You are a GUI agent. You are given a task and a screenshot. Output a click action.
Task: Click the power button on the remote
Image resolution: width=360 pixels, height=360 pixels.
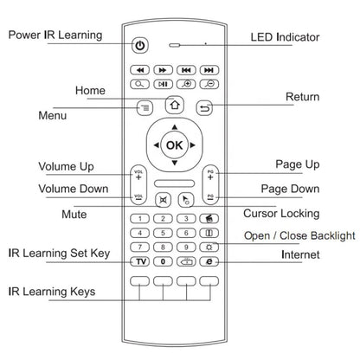(x=141, y=45)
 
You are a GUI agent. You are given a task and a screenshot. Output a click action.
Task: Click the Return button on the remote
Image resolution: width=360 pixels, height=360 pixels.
(x=205, y=108)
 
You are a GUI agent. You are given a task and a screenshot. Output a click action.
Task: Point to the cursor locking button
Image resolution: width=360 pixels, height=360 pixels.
(x=185, y=200)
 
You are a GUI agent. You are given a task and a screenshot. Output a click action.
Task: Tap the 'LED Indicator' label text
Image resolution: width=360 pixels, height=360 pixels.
(x=285, y=37)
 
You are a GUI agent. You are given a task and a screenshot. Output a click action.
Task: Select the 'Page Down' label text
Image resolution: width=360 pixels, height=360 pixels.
(x=290, y=189)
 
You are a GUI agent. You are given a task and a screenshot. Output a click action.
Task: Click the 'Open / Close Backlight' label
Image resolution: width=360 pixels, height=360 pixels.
(x=299, y=235)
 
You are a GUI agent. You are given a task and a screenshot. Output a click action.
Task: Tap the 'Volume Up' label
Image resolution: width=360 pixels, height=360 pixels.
(x=67, y=166)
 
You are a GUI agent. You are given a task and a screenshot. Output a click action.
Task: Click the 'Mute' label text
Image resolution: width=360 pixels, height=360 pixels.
(x=74, y=213)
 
